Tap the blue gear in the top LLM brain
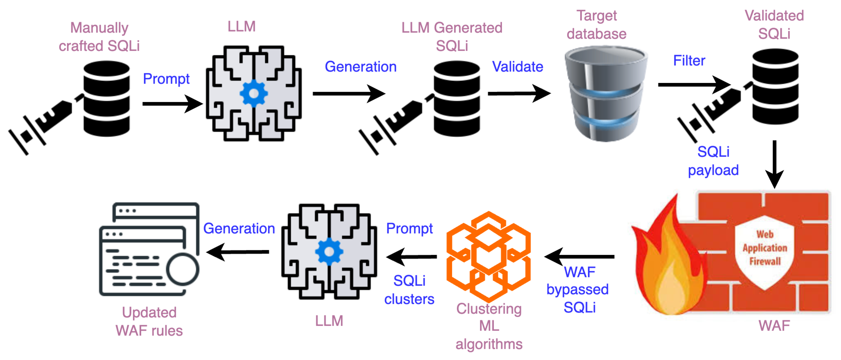coord(254,94)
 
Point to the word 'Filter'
coord(689,61)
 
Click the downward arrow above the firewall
coord(774,163)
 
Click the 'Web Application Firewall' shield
coord(765,251)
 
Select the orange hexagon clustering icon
coord(488,256)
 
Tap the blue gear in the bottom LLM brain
coord(329,252)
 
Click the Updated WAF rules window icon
coord(149,250)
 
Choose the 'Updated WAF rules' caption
coord(149,322)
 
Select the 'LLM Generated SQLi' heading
coord(452,37)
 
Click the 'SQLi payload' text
coord(713,161)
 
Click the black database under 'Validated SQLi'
coord(775,86)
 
